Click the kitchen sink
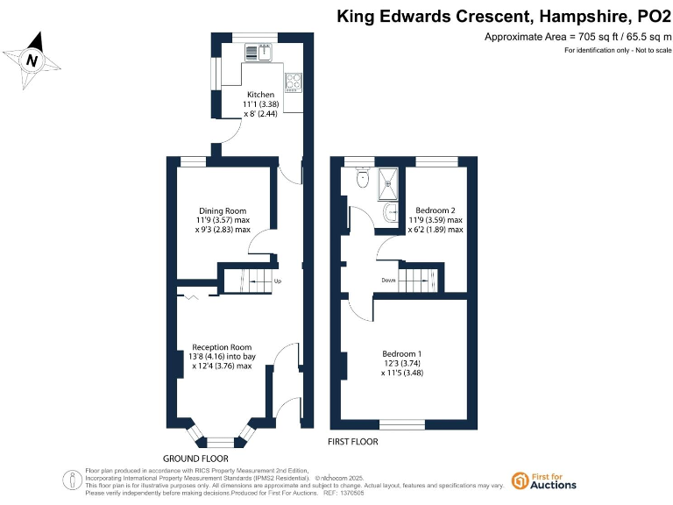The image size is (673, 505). [260, 52]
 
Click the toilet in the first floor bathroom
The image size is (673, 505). [362, 179]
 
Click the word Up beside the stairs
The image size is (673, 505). [278, 281]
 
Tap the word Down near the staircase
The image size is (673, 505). [388, 281]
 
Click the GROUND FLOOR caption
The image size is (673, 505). [195, 459]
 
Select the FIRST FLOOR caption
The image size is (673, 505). [352, 440]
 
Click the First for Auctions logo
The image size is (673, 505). [543, 480]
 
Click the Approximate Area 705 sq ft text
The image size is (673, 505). [577, 37]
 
